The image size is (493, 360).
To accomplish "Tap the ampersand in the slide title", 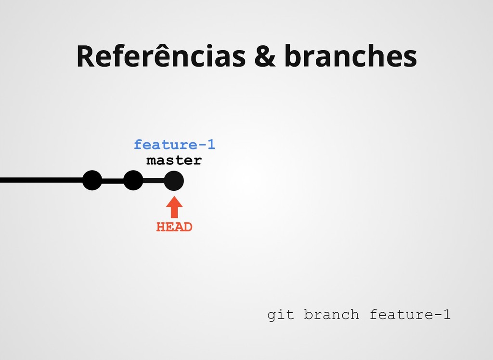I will coord(265,56).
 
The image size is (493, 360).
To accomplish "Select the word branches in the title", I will coord(350,56).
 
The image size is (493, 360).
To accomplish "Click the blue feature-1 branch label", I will coord(174,145).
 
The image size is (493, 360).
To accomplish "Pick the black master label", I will coord(174,160).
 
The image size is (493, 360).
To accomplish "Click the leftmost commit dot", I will coord(92,181).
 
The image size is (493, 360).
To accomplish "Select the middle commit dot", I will coord(133,181).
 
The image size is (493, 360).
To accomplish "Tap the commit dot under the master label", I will coord(174,181).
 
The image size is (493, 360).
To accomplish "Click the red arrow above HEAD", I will coord(174,208).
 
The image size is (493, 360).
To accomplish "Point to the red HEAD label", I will coord(174,227).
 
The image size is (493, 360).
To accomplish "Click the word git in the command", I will coord(280,315).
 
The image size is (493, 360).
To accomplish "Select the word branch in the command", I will coord(332,315).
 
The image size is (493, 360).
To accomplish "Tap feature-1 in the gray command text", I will coord(410,315).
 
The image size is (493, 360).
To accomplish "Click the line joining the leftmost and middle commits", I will coord(113,181).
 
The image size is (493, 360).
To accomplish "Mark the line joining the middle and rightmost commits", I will coord(154,181).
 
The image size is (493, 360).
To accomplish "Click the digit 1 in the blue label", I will coord(210,145).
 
